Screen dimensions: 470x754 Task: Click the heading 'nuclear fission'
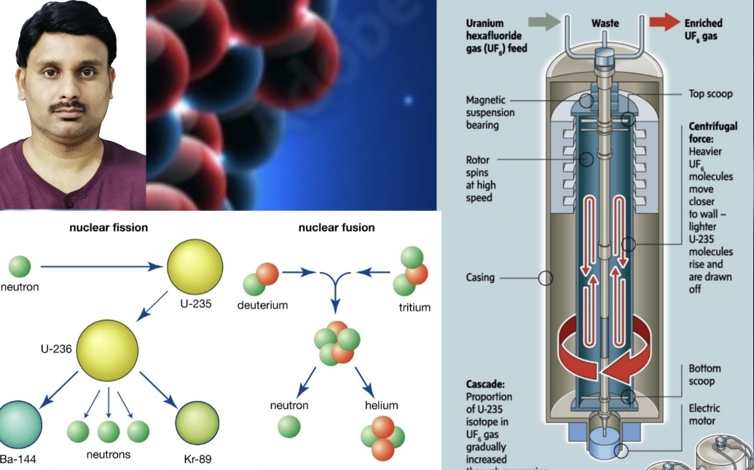coord(109,228)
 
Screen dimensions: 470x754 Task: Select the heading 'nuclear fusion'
coord(337,228)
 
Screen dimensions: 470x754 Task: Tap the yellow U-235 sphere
coord(195,267)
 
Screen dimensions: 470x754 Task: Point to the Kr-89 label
coord(197,459)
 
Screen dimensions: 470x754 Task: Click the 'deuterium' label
coord(262,306)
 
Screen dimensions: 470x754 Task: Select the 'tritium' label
coord(415,307)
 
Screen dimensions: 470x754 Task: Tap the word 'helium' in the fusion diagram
coord(381,405)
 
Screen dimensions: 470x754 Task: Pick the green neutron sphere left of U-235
coord(20,266)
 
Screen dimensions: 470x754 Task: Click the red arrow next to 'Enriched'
coord(663,23)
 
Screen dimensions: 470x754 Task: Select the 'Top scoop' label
coord(710,94)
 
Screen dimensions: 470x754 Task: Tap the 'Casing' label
coord(480,277)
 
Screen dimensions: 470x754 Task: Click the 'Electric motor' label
coord(703,414)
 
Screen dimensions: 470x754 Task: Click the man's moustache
coord(71,107)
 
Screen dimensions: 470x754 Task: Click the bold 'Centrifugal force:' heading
coord(712,132)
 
